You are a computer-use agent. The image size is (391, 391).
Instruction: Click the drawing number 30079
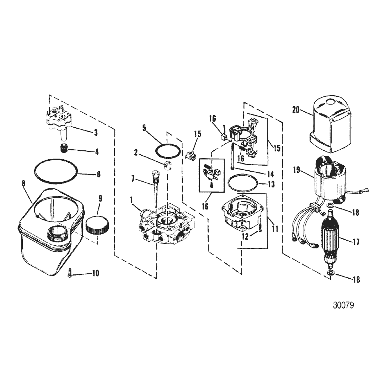(x=343, y=305)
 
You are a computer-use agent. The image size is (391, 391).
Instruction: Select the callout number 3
(x=96, y=132)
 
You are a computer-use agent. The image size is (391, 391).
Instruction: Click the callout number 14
(x=270, y=174)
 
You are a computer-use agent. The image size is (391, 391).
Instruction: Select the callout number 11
(x=274, y=229)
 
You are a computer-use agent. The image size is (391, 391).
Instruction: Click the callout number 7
(x=133, y=178)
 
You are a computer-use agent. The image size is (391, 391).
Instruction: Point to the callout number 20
(x=296, y=110)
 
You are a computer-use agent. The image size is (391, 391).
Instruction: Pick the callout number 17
(x=356, y=241)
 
